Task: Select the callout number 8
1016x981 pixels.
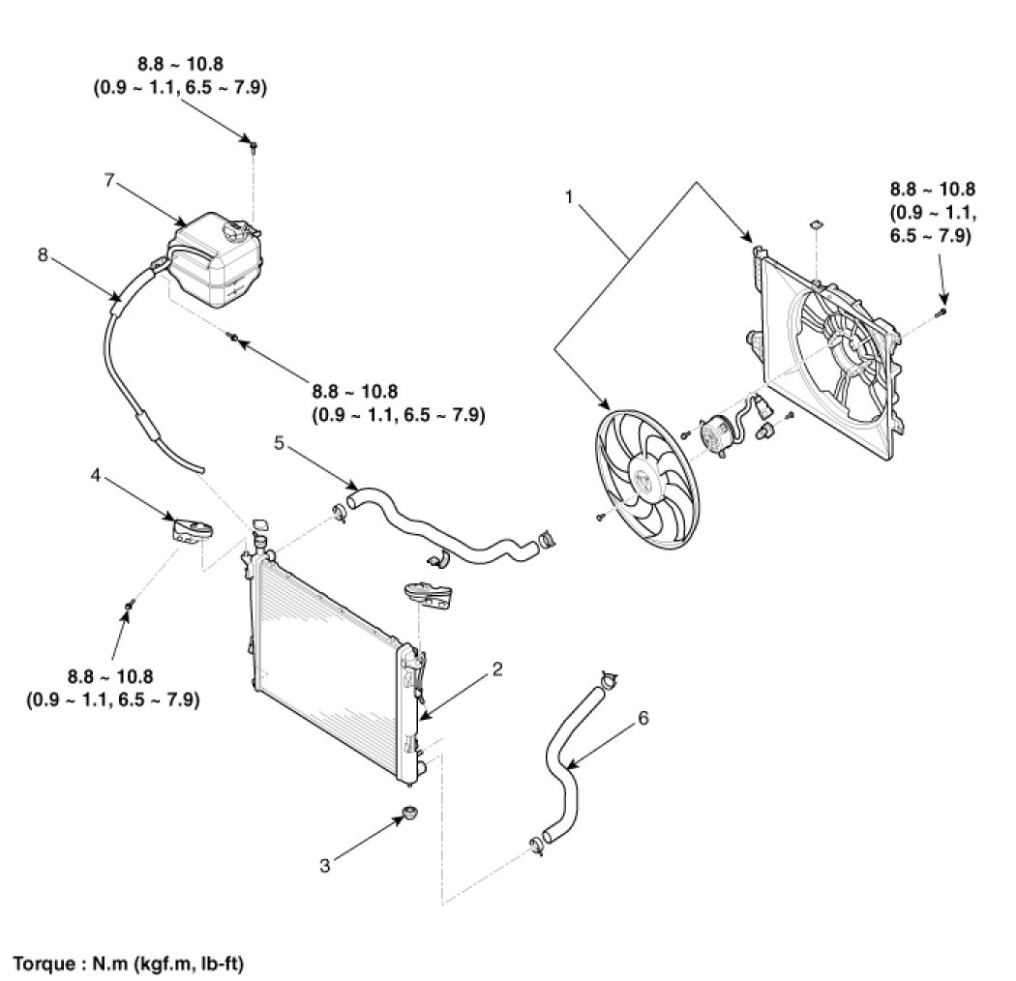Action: (x=42, y=256)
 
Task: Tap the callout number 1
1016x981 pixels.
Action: (x=570, y=196)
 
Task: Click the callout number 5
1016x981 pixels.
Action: (x=279, y=444)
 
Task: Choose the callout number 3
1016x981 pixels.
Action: (x=325, y=865)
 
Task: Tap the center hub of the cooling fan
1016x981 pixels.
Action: (x=645, y=478)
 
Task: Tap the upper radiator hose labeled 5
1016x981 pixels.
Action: (x=435, y=533)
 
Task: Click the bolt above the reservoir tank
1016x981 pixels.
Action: (x=253, y=147)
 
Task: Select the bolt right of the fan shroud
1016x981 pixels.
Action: (x=942, y=312)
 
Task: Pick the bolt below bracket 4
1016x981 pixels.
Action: (x=130, y=604)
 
